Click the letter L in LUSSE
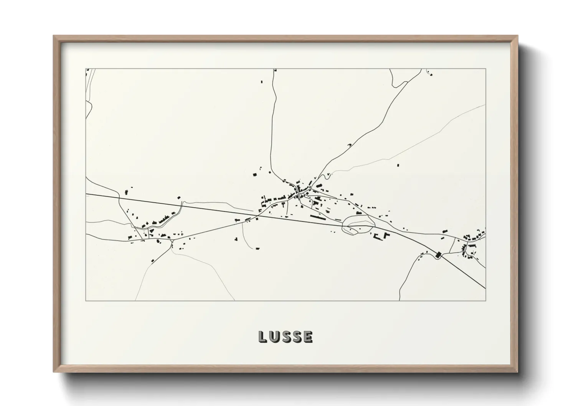[263, 337]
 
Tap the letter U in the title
[274, 337]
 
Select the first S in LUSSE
[286, 337]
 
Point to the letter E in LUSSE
[308, 337]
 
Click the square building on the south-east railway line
[439, 254]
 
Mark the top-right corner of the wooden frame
[517, 36]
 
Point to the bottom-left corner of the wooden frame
[54, 371]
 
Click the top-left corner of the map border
[86, 69]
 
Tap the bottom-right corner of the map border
[485, 300]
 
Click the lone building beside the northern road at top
[262, 81]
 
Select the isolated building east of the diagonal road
[398, 165]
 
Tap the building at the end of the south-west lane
[152, 261]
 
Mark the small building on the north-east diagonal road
[349, 145]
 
